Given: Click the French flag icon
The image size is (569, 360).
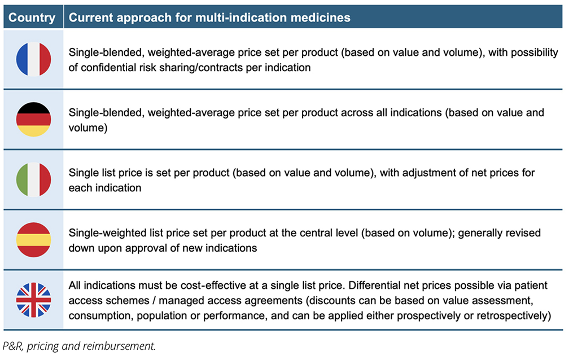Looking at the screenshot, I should pyautogui.click(x=33, y=59).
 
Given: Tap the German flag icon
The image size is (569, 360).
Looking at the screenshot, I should pyautogui.click(x=33, y=119).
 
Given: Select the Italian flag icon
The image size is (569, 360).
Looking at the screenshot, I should pyautogui.click(x=33, y=179).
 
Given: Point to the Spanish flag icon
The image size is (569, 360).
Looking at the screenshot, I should pyautogui.click(x=33, y=240).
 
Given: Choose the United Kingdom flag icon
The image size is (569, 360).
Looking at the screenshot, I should pyautogui.click(x=33, y=300).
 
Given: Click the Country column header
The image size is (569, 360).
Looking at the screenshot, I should pyautogui.click(x=32, y=17).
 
